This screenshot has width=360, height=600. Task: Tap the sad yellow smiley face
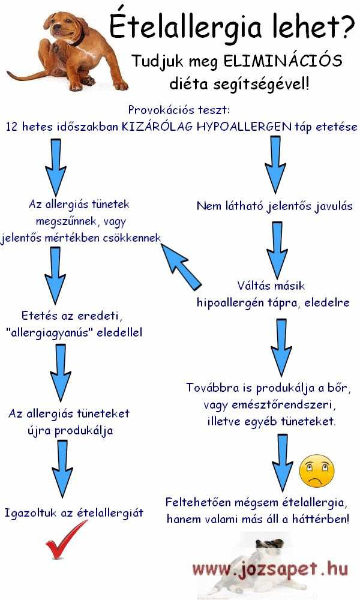coord(316,471)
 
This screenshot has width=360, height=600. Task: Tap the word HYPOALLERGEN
coord(244,127)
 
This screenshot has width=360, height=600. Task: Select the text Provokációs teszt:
coord(179,110)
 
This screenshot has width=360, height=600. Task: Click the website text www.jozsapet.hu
coord(270,569)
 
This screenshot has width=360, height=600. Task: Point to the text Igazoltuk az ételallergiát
coord(74,512)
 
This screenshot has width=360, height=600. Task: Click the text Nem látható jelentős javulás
coord(274,206)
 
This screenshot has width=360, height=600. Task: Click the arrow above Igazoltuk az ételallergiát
coord(62,469)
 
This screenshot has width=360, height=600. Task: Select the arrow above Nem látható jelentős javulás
coord(275,165)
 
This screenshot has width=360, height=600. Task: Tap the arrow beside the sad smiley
coord(283,463)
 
